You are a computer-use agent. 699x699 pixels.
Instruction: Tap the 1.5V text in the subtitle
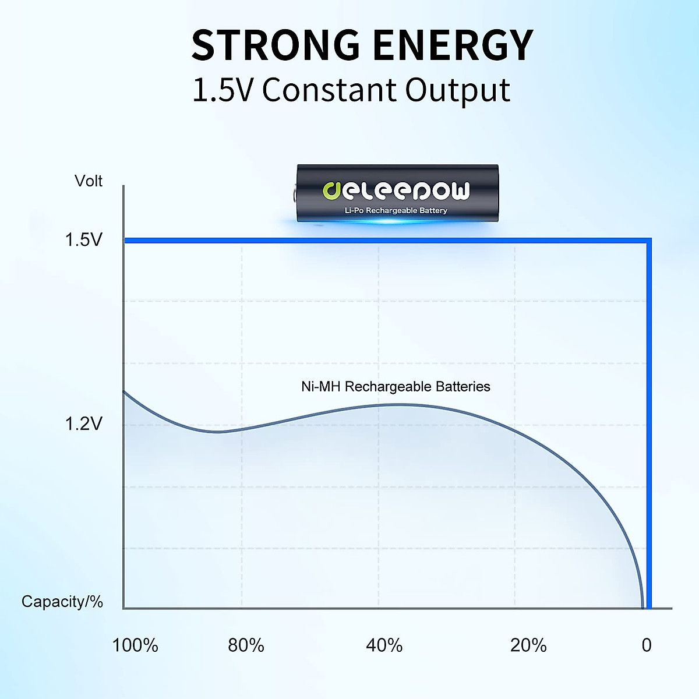222,91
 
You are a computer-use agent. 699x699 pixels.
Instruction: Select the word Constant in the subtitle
329,91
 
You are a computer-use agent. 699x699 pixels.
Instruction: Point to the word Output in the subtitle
458,91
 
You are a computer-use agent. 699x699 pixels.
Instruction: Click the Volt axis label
89,181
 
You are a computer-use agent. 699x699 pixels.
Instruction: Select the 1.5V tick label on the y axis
83,239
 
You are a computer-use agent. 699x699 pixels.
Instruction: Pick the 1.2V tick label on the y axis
83,423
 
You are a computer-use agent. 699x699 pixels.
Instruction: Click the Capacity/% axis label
62,601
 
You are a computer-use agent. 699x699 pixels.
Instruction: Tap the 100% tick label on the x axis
135,645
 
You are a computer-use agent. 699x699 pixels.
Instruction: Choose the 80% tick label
246,645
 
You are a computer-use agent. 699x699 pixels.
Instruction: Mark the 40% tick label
384,645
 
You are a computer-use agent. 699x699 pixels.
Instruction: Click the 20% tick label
528,645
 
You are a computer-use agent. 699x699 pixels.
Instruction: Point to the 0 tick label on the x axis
647,645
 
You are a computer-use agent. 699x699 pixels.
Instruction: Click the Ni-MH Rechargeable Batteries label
396,387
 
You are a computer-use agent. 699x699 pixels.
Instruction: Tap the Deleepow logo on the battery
396,190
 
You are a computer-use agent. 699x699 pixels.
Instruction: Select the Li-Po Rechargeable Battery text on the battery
396,210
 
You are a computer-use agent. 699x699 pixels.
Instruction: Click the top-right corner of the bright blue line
649,241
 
